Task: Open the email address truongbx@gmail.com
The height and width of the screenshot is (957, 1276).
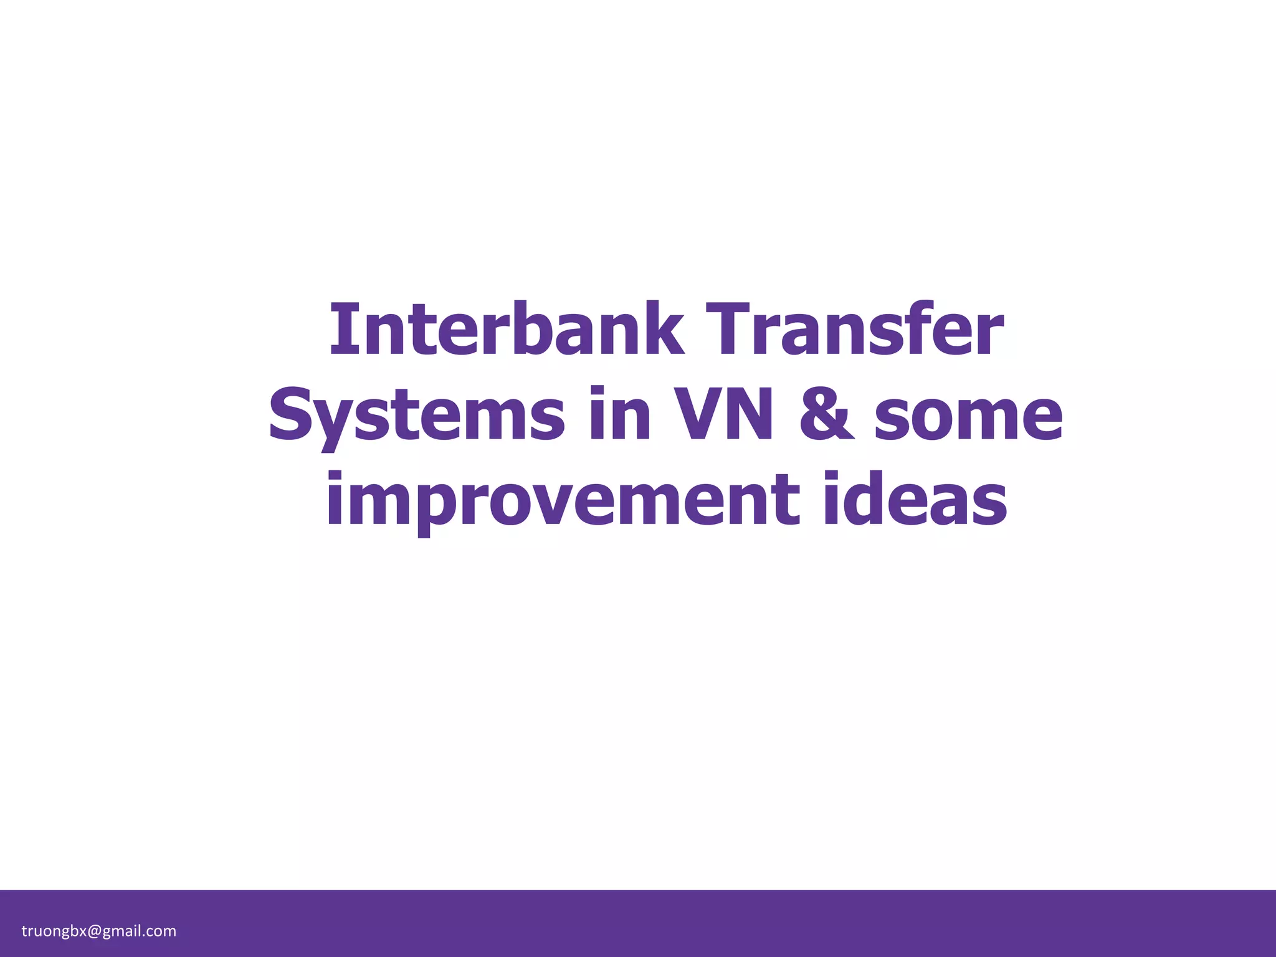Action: [99, 931]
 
